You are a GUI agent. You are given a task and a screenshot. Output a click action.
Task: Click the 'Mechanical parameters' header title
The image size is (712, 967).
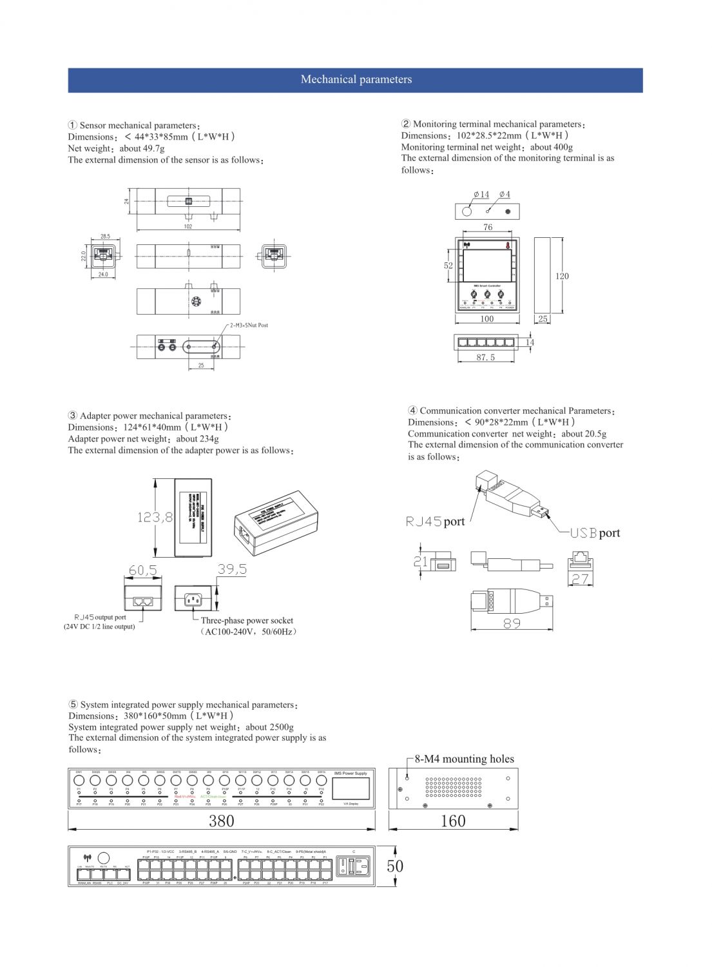[x=356, y=80]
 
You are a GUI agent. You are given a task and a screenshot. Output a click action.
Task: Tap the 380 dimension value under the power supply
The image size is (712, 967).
[x=221, y=821]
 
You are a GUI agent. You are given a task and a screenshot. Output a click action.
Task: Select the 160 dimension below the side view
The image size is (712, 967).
[x=453, y=821]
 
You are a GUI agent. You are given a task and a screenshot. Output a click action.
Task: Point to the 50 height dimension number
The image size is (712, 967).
[x=395, y=866]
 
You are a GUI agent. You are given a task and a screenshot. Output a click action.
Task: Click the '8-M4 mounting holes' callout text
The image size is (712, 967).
[x=464, y=759]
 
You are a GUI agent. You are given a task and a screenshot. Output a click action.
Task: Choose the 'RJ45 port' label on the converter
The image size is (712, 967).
[x=435, y=522]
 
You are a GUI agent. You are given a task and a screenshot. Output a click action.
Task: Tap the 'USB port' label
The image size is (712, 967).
[x=595, y=533]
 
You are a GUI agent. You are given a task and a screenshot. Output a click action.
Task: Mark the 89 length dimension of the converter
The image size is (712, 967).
[x=512, y=623]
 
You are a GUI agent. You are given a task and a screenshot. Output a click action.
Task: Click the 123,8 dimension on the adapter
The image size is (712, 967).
[x=155, y=517]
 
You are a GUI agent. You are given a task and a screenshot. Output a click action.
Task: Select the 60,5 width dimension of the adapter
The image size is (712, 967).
[x=142, y=571]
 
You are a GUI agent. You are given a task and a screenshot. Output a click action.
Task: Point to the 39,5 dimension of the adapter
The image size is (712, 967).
[x=232, y=569]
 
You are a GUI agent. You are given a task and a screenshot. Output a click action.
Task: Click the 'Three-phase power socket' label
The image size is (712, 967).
[x=247, y=621]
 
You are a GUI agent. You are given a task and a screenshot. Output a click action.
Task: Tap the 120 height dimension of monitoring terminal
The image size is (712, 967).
[x=562, y=276]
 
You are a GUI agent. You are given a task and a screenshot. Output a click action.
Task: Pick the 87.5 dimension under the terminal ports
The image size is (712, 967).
[x=486, y=357]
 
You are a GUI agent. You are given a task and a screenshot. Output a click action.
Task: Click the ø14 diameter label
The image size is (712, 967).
[x=481, y=194]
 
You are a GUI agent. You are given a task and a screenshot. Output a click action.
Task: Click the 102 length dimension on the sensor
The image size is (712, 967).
[x=188, y=226]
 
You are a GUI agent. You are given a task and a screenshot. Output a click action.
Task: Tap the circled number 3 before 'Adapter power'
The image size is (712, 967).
[x=73, y=416]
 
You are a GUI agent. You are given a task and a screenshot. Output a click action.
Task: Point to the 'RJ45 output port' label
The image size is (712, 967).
[x=100, y=618]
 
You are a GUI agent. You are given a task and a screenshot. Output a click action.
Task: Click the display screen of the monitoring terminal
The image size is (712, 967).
[x=487, y=266]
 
